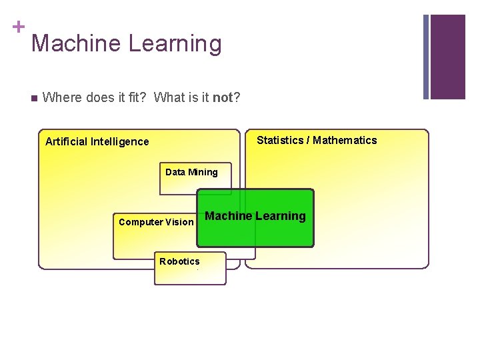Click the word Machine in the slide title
[x=76, y=43]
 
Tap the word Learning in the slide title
[x=175, y=43]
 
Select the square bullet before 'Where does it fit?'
[x=34, y=98]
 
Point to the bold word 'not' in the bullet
[x=223, y=98]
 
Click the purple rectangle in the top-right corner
[x=447, y=57]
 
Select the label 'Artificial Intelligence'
[x=97, y=141]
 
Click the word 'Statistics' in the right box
[x=280, y=140]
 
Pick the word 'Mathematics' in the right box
[x=345, y=140]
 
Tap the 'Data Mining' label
[x=191, y=172]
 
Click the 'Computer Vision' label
[x=156, y=222]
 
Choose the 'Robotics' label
[x=179, y=261]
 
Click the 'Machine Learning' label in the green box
[x=255, y=216]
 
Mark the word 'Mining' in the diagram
[x=203, y=172]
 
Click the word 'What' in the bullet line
[x=168, y=98]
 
